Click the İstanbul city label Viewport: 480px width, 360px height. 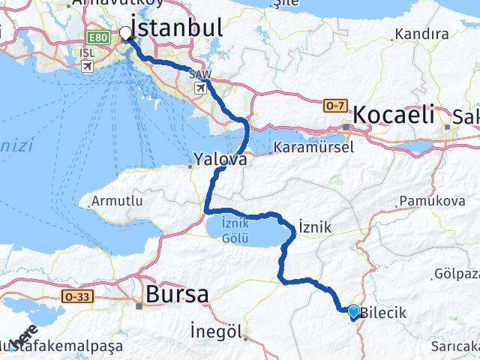[177, 28]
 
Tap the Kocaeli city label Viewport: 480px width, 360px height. [394, 115]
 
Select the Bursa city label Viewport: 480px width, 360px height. [177, 295]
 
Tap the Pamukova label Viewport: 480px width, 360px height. [427, 200]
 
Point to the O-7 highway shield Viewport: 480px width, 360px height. [334, 107]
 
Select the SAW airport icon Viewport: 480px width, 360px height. [200, 88]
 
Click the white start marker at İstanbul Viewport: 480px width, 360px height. [125, 33]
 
